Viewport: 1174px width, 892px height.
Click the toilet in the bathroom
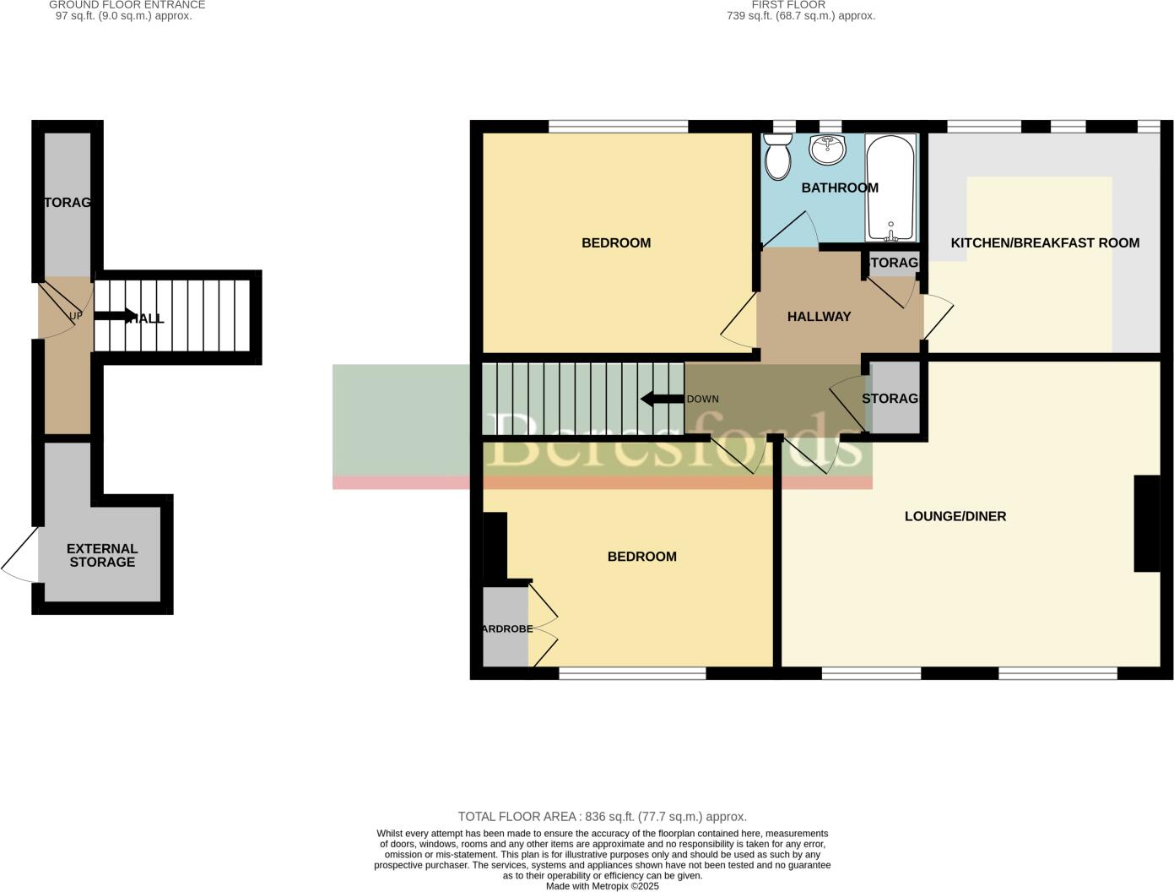(x=776, y=156)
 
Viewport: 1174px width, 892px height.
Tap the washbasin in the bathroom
(x=827, y=150)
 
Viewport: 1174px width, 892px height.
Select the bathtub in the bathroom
(x=890, y=188)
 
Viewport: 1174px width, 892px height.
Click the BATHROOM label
(x=839, y=188)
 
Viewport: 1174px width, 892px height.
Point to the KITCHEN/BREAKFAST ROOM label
(x=1044, y=243)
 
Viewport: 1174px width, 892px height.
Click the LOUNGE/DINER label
(x=955, y=516)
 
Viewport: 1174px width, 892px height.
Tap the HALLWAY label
(x=819, y=317)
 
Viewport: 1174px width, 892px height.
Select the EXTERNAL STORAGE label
(x=102, y=555)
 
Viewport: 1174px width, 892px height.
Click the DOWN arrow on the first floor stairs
(x=663, y=399)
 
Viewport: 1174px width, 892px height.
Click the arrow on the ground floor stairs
(x=114, y=317)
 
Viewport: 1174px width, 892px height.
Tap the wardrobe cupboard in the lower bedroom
(x=505, y=628)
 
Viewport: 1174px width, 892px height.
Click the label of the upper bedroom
(x=616, y=243)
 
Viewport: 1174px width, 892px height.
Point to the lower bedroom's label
(x=641, y=557)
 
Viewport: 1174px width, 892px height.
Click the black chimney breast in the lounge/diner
(x=1146, y=524)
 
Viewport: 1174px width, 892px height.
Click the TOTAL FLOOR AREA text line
(x=602, y=817)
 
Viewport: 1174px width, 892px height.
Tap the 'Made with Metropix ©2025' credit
(x=602, y=886)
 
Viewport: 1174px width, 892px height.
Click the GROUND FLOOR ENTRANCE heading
(x=127, y=5)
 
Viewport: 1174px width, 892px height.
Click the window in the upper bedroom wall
(x=618, y=127)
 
